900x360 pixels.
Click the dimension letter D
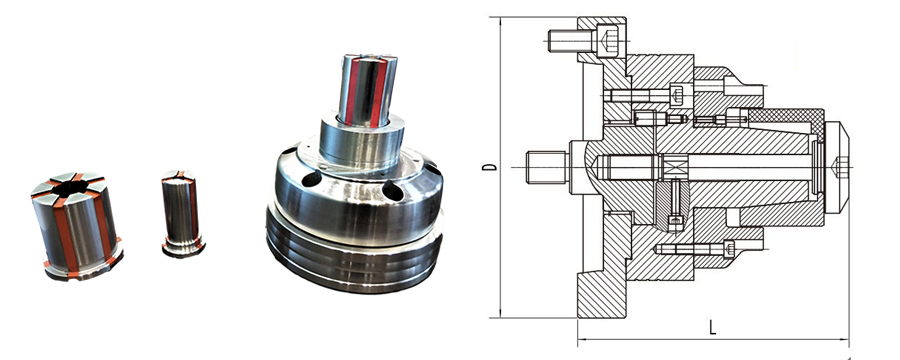tap(489, 167)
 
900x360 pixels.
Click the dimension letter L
tap(712, 328)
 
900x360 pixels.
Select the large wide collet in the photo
tap(76, 226)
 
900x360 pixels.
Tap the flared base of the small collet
tap(183, 248)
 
